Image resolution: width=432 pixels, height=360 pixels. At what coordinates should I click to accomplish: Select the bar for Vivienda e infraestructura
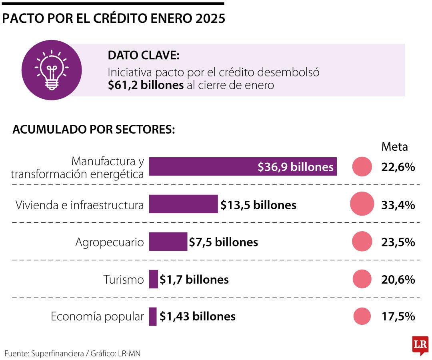click(183, 204)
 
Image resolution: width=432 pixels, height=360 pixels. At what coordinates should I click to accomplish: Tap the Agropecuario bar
click(168, 242)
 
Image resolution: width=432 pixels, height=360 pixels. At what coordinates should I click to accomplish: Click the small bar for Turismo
click(154, 279)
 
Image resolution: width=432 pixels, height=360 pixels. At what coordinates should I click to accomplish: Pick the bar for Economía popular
click(153, 316)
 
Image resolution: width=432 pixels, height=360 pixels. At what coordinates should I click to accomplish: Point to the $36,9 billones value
click(296, 167)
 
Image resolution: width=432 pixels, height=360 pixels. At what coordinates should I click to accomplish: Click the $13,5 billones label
click(258, 205)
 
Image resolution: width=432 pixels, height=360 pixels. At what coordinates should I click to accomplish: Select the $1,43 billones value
click(198, 316)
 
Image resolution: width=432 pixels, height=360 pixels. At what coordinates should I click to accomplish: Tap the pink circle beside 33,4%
click(362, 204)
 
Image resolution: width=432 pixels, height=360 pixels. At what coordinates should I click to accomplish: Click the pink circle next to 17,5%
click(362, 316)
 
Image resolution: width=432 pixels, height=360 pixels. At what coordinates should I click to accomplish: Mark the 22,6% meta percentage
click(398, 167)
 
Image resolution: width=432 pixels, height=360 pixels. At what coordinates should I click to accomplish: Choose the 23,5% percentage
click(398, 242)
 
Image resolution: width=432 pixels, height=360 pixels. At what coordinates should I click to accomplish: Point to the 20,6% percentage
click(398, 279)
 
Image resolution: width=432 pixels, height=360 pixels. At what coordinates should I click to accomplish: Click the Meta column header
click(394, 147)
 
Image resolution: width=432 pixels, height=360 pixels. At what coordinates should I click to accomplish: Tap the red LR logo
click(420, 344)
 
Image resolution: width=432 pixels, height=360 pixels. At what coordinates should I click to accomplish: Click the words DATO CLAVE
click(142, 56)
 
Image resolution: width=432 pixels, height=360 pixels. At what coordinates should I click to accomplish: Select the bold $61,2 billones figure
click(146, 85)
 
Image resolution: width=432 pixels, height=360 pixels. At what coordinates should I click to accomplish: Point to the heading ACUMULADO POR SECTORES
click(94, 130)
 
